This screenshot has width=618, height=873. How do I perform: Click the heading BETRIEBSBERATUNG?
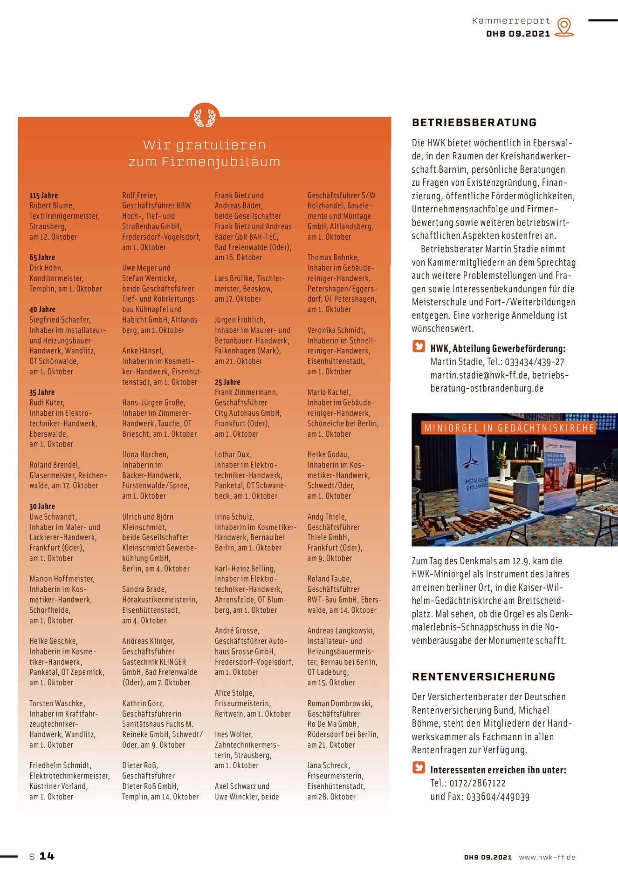(474, 123)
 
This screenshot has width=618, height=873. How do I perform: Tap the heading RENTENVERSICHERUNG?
(483, 677)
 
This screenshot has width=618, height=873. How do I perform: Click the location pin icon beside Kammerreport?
(564, 27)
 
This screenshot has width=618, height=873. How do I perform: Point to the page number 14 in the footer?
(47, 856)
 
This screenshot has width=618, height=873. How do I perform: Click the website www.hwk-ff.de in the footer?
(547, 857)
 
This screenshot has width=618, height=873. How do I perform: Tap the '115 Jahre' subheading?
(44, 196)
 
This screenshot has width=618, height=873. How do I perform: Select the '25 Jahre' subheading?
(227, 382)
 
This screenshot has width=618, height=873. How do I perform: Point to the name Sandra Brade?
(144, 589)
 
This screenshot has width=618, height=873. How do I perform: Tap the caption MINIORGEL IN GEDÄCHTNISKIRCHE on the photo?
(509, 428)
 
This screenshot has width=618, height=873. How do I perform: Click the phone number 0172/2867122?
(477, 783)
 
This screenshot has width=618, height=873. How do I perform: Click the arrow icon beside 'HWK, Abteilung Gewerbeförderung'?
(419, 346)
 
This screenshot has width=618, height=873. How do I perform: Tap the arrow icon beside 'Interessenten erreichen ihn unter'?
(419, 768)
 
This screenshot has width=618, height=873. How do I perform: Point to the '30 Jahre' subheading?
(42, 507)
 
